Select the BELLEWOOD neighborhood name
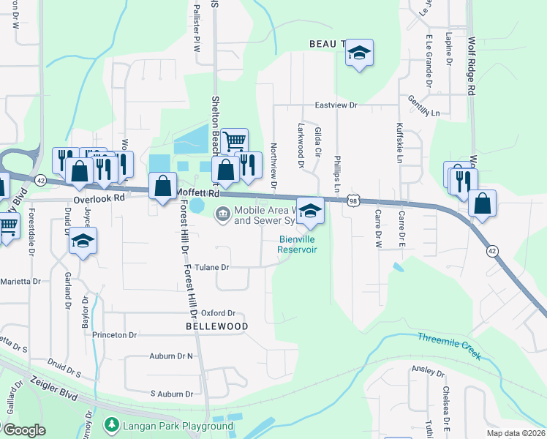pyautogui.click(x=216, y=326)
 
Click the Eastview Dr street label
pyautogui.click(x=335, y=105)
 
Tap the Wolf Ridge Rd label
pyautogui.click(x=472, y=66)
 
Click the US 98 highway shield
pyautogui.click(x=353, y=200)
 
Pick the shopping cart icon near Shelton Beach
pyautogui.click(x=234, y=140)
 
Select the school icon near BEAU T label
pyautogui.click(x=359, y=53)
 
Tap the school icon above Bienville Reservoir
pyautogui.click(x=310, y=211)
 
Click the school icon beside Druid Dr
pyautogui.click(x=83, y=240)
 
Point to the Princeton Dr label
pyautogui.click(x=115, y=335)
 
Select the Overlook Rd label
pyautogui.click(x=99, y=198)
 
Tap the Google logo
pyautogui.click(x=23, y=430)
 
